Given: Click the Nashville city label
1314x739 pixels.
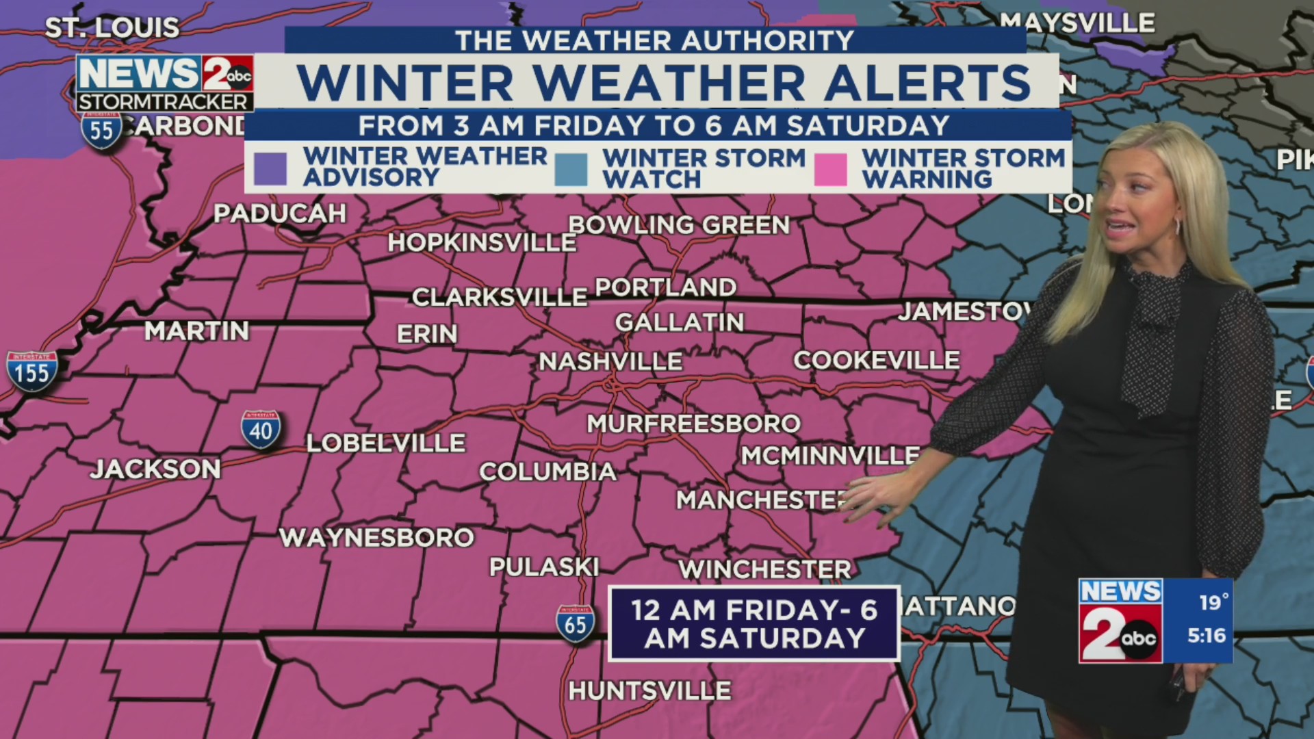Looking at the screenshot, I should (x=610, y=361).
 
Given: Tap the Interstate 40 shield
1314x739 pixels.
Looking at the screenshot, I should (x=261, y=430).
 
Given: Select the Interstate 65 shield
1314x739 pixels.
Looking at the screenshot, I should (x=576, y=624).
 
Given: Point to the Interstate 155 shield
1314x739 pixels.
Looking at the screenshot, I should (x=31, y=372).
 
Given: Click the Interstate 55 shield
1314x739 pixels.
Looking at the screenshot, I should (x=101, y=130).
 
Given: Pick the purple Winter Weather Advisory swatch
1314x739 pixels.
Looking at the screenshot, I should (x=270, y=168).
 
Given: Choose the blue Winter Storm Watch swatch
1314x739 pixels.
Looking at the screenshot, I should (x=571, y=169).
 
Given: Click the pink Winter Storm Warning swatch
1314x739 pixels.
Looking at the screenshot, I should (x=831, y=169).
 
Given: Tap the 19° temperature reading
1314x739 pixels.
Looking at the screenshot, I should (x=1213, y=602).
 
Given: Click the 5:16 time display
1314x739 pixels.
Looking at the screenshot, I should (x=1207, y=636).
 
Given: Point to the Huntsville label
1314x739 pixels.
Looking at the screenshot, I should (x=649, y=691).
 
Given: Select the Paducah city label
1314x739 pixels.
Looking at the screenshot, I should (x=280, y=214).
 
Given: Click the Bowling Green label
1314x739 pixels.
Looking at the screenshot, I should (x=679, y=225).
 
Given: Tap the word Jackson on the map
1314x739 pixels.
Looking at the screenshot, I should (x=156, y=469).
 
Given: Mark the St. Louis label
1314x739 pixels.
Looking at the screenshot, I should (x=112, y=28).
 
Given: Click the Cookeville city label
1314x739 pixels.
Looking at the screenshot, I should (x=877, y=361).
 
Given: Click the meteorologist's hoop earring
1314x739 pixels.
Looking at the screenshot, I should (x=1178, y=226).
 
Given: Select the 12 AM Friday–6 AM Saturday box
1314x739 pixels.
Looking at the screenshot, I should (x=753, y=623).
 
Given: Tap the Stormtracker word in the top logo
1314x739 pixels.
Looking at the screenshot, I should (x=162, y=102).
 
